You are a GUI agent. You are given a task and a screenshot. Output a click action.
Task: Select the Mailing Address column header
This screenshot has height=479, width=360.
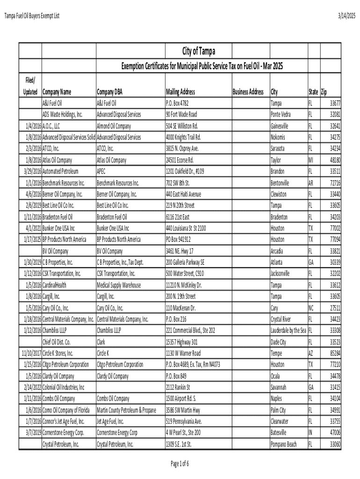180,92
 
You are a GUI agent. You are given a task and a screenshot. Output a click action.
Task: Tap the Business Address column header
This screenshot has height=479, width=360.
248,92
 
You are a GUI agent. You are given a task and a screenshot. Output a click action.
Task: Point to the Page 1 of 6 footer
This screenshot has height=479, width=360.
180,464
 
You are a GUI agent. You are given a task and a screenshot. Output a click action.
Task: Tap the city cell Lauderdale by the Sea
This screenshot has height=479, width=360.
288,331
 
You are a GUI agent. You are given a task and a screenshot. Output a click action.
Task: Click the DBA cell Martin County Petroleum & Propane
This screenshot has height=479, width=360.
126,410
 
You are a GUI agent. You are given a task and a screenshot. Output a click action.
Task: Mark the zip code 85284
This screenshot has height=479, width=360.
334,353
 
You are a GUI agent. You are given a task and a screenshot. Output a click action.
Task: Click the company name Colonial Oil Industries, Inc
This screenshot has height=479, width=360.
64,387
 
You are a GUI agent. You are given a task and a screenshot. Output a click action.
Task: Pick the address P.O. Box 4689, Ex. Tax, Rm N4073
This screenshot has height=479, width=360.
193,364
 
